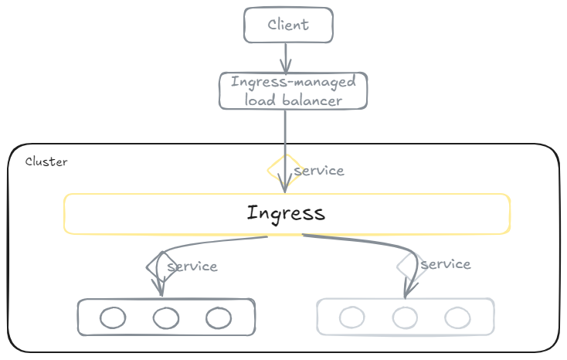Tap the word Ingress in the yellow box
coord(286,213)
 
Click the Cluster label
coord(46,161)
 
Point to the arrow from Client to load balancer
coord(286,58)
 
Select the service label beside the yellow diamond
coord(319,171)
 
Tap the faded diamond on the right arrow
coord(397,267)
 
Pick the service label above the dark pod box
coord(192,267)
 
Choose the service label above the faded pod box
coord(446,264)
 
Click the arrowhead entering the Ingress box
coord(285,184)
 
